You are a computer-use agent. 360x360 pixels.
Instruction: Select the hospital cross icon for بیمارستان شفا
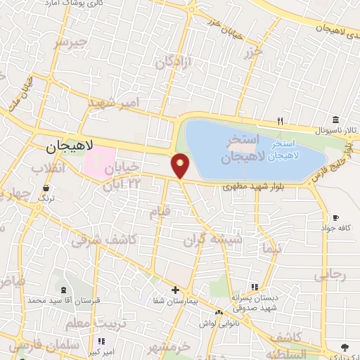pyautogui.click(x=176, y=290)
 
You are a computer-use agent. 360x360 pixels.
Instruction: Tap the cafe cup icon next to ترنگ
pyautogui.click(x=46, y=188)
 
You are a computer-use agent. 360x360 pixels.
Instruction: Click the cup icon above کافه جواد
pyautogui.click(x=335, y=217)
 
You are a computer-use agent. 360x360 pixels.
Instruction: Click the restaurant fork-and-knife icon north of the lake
pyautogui.click(x=280, y=120)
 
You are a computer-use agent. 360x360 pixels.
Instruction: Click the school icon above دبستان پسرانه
pyautogui.click(x=254, y=287)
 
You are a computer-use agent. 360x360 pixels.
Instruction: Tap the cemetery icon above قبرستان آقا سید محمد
pyautogui.click(x=65, y=290)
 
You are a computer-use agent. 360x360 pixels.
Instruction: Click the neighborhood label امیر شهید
pyautogui.click(x=114, y=103)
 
